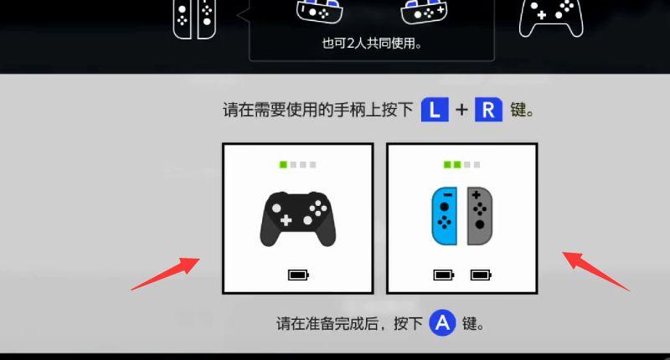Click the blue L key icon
[435, 110]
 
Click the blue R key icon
[488, 110]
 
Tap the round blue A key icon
[442, 322]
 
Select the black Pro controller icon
[298, 219]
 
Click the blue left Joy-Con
[445, 216]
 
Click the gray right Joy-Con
[479, 216]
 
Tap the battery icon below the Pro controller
[298, 275]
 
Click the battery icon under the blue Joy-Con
[444, 275]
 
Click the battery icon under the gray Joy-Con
[481, 275]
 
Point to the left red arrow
[166, 274]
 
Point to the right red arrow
[595, 271]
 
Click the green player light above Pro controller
[283, 164]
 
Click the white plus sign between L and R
[461, 110]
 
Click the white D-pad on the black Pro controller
[286, 220]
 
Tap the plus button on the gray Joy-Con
[476, 195]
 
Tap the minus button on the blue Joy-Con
[447, 195]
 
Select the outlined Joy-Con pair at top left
[194, 18]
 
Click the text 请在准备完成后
[327, 323]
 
